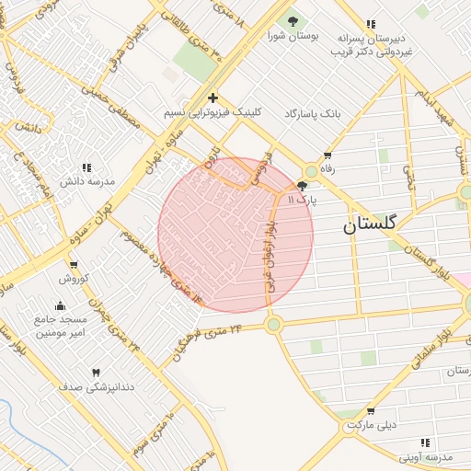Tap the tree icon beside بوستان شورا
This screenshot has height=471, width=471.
tap(293, 21)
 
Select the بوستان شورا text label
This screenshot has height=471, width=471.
tap(293, 37)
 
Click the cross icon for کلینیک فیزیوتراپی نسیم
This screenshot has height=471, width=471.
tap(213, 98)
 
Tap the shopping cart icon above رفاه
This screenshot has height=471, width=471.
tap(327, 155)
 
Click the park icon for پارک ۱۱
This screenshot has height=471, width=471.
tap(302, 185)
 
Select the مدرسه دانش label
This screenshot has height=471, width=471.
tap(87, 181)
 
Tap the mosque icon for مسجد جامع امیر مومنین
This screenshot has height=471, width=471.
tap(61, 305)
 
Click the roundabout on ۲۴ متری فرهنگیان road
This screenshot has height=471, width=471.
tap(273, 324)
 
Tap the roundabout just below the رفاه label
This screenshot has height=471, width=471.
tap(312, 171)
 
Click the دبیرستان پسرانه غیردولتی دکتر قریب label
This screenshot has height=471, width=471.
tap(371, 47)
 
